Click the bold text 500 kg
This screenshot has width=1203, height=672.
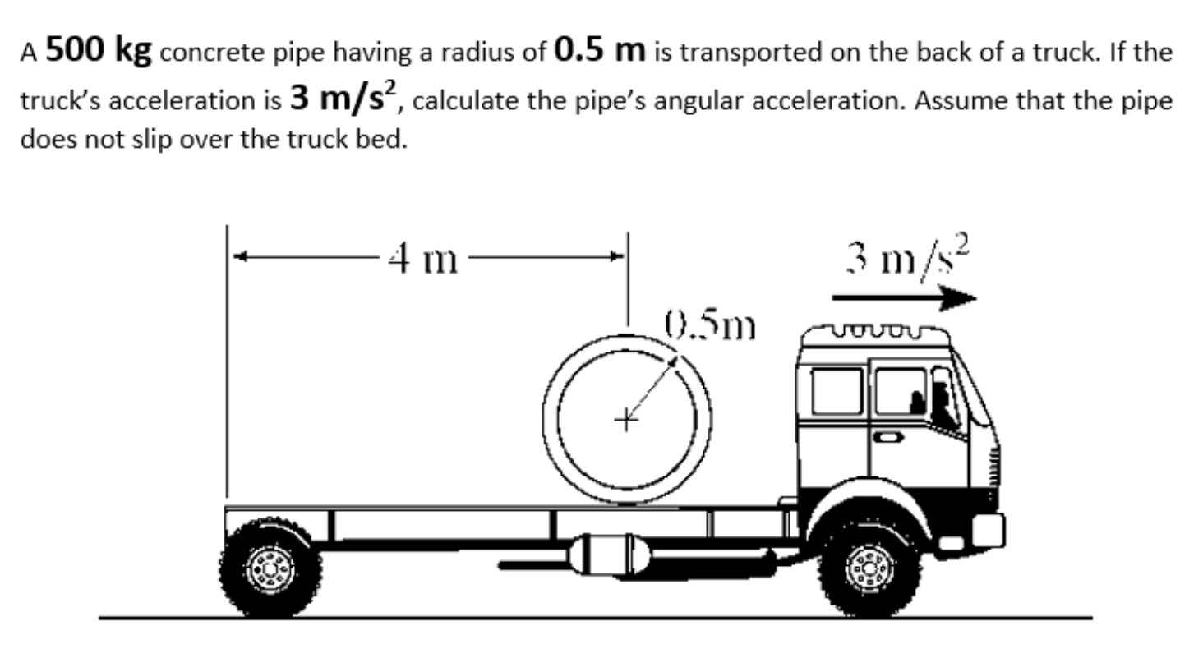point(99,51)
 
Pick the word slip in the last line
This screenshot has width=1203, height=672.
point(154,140)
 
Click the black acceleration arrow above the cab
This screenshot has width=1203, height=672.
point(904,297)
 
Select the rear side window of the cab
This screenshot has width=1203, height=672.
point(837,391)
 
